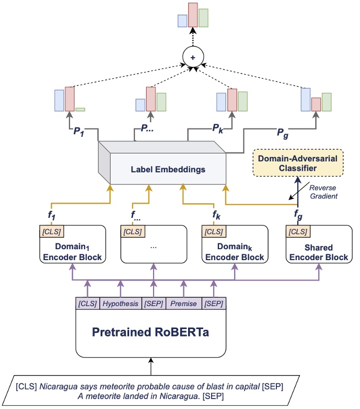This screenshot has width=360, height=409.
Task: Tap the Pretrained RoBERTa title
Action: [x=151, y=332]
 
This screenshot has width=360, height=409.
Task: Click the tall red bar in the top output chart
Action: [x=193, y=15]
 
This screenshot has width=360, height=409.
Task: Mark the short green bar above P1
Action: [x=80, y=109]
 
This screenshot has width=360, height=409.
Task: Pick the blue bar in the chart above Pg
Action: [x=306, y=100]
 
